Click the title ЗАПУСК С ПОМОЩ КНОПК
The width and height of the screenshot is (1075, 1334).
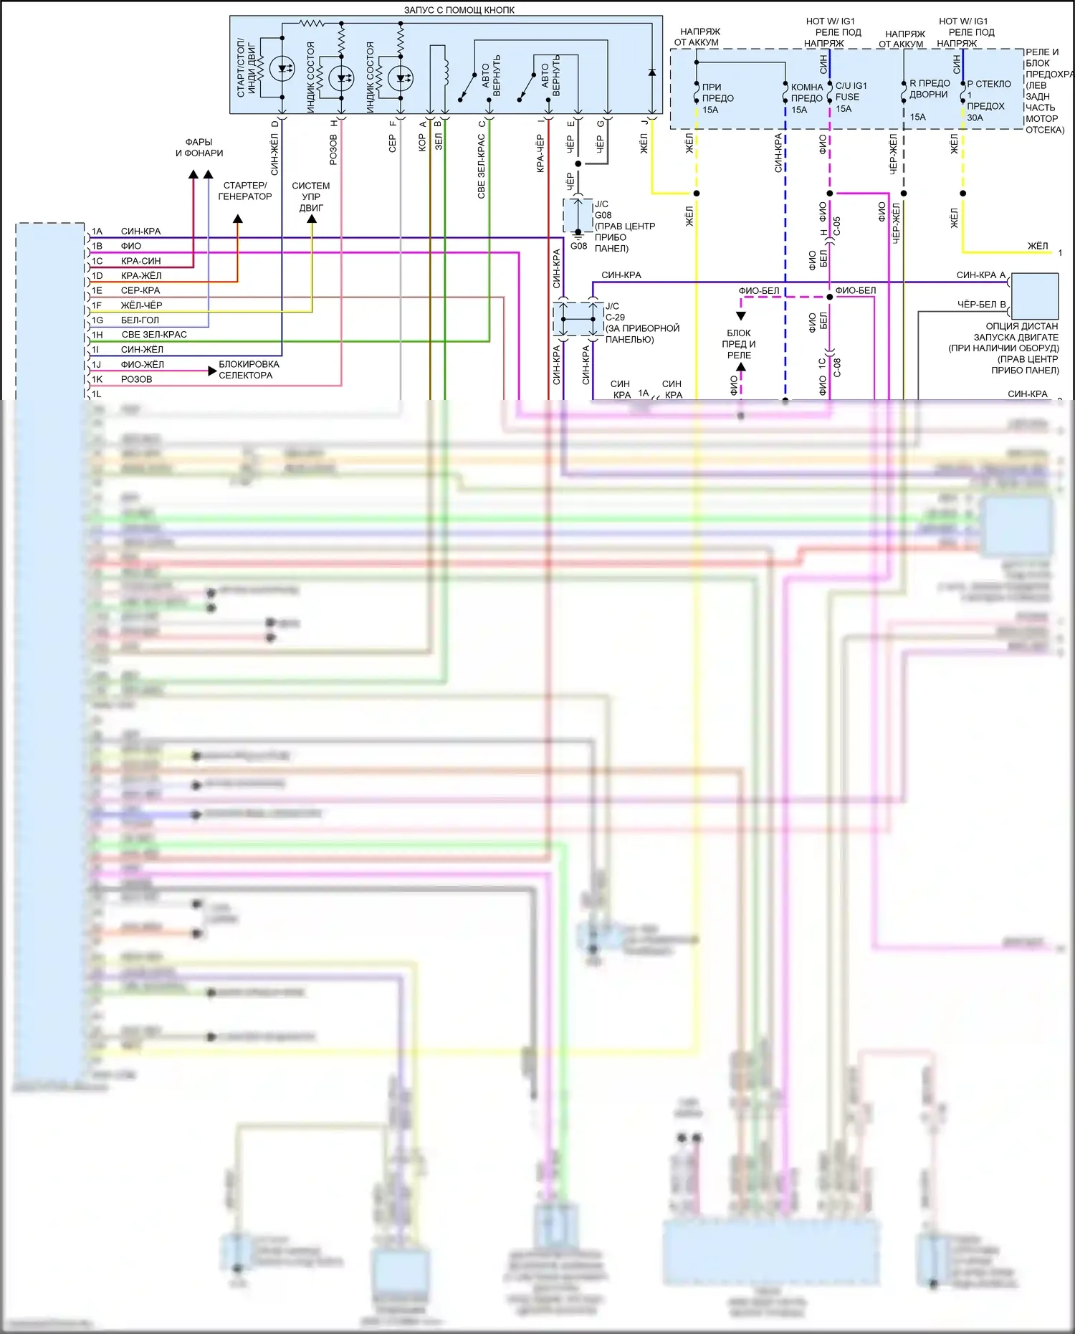click(x=459, y=10)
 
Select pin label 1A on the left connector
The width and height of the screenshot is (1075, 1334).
click(x=97, y=232)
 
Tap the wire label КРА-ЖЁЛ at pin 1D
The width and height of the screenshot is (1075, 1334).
click(x=141, y=276)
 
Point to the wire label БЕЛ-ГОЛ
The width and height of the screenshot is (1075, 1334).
click(x=140, y=320)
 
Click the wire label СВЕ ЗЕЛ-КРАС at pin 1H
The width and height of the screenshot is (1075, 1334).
click(x=154, y=335)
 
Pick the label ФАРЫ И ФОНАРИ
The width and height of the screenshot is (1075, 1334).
click(x=199, y=148)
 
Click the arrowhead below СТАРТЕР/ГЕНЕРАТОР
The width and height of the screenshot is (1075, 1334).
click(x=238, y=219)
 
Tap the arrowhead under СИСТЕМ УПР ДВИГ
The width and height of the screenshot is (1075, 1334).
click(x=312, y=219)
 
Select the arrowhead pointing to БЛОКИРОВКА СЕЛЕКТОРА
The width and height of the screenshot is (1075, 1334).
click(x=212, y=371)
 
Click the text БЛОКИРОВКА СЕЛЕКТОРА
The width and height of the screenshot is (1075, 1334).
click(x=249, y=370)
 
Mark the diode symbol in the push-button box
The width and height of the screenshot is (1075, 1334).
click(x=651, y=72)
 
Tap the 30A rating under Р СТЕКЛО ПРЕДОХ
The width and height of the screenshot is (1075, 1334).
click(x=975, y=118)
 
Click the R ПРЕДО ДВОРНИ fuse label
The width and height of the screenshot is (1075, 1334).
click(x=930, y=89)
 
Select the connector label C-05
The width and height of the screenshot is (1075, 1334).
click(x=836, y=227)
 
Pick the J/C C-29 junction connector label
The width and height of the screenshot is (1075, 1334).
click(x=614, y=312)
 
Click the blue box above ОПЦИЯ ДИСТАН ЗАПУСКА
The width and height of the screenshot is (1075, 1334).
click(x=1034, y=295)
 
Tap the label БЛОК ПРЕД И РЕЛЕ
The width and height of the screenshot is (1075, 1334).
click(x=739, y=344)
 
